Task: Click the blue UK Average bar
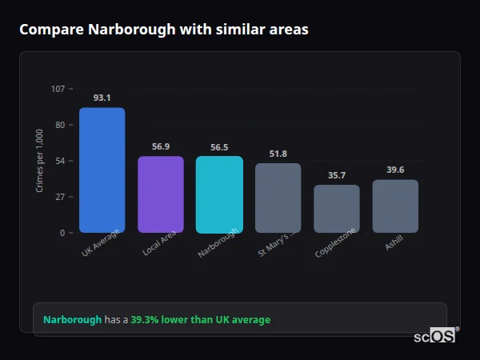102,170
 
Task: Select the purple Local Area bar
161,194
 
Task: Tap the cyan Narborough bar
219,194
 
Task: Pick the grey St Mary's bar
278,198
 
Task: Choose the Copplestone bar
336,209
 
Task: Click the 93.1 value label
102,98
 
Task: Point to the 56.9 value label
161,146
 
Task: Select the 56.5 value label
219,147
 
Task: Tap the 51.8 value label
278,154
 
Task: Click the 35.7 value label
336,175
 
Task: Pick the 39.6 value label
395,170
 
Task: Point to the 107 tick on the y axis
58,88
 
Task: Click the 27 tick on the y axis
59,197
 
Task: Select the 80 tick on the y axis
59,125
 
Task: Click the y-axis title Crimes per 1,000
39,161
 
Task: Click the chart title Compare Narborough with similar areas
163,29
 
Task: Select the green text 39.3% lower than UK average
200,319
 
